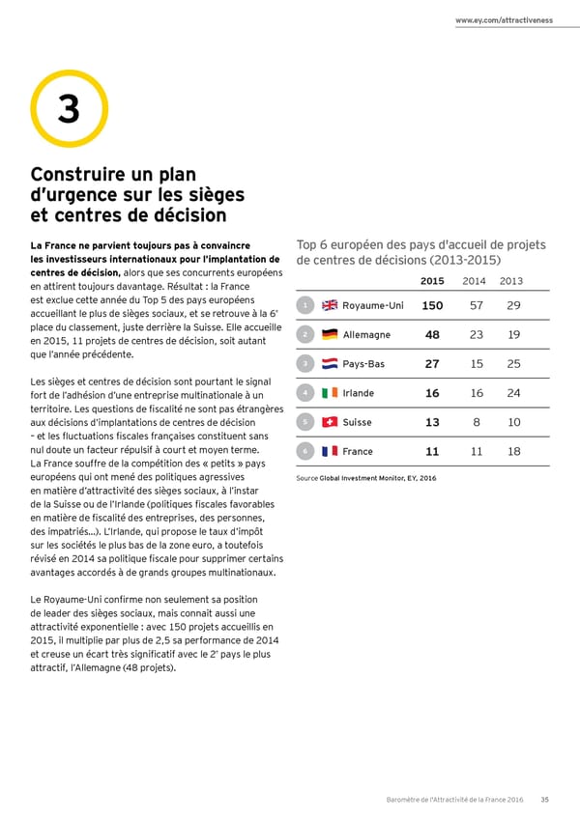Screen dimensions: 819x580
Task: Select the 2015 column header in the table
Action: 432,281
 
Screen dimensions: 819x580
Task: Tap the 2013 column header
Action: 512,281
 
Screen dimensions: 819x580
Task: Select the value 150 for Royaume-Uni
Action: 432,306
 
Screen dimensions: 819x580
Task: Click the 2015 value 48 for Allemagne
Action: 432,335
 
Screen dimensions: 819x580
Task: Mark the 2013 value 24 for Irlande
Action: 513,393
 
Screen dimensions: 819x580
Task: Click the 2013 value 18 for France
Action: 513,451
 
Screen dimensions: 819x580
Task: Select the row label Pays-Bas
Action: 363,364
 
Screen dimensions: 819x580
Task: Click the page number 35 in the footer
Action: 545,799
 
